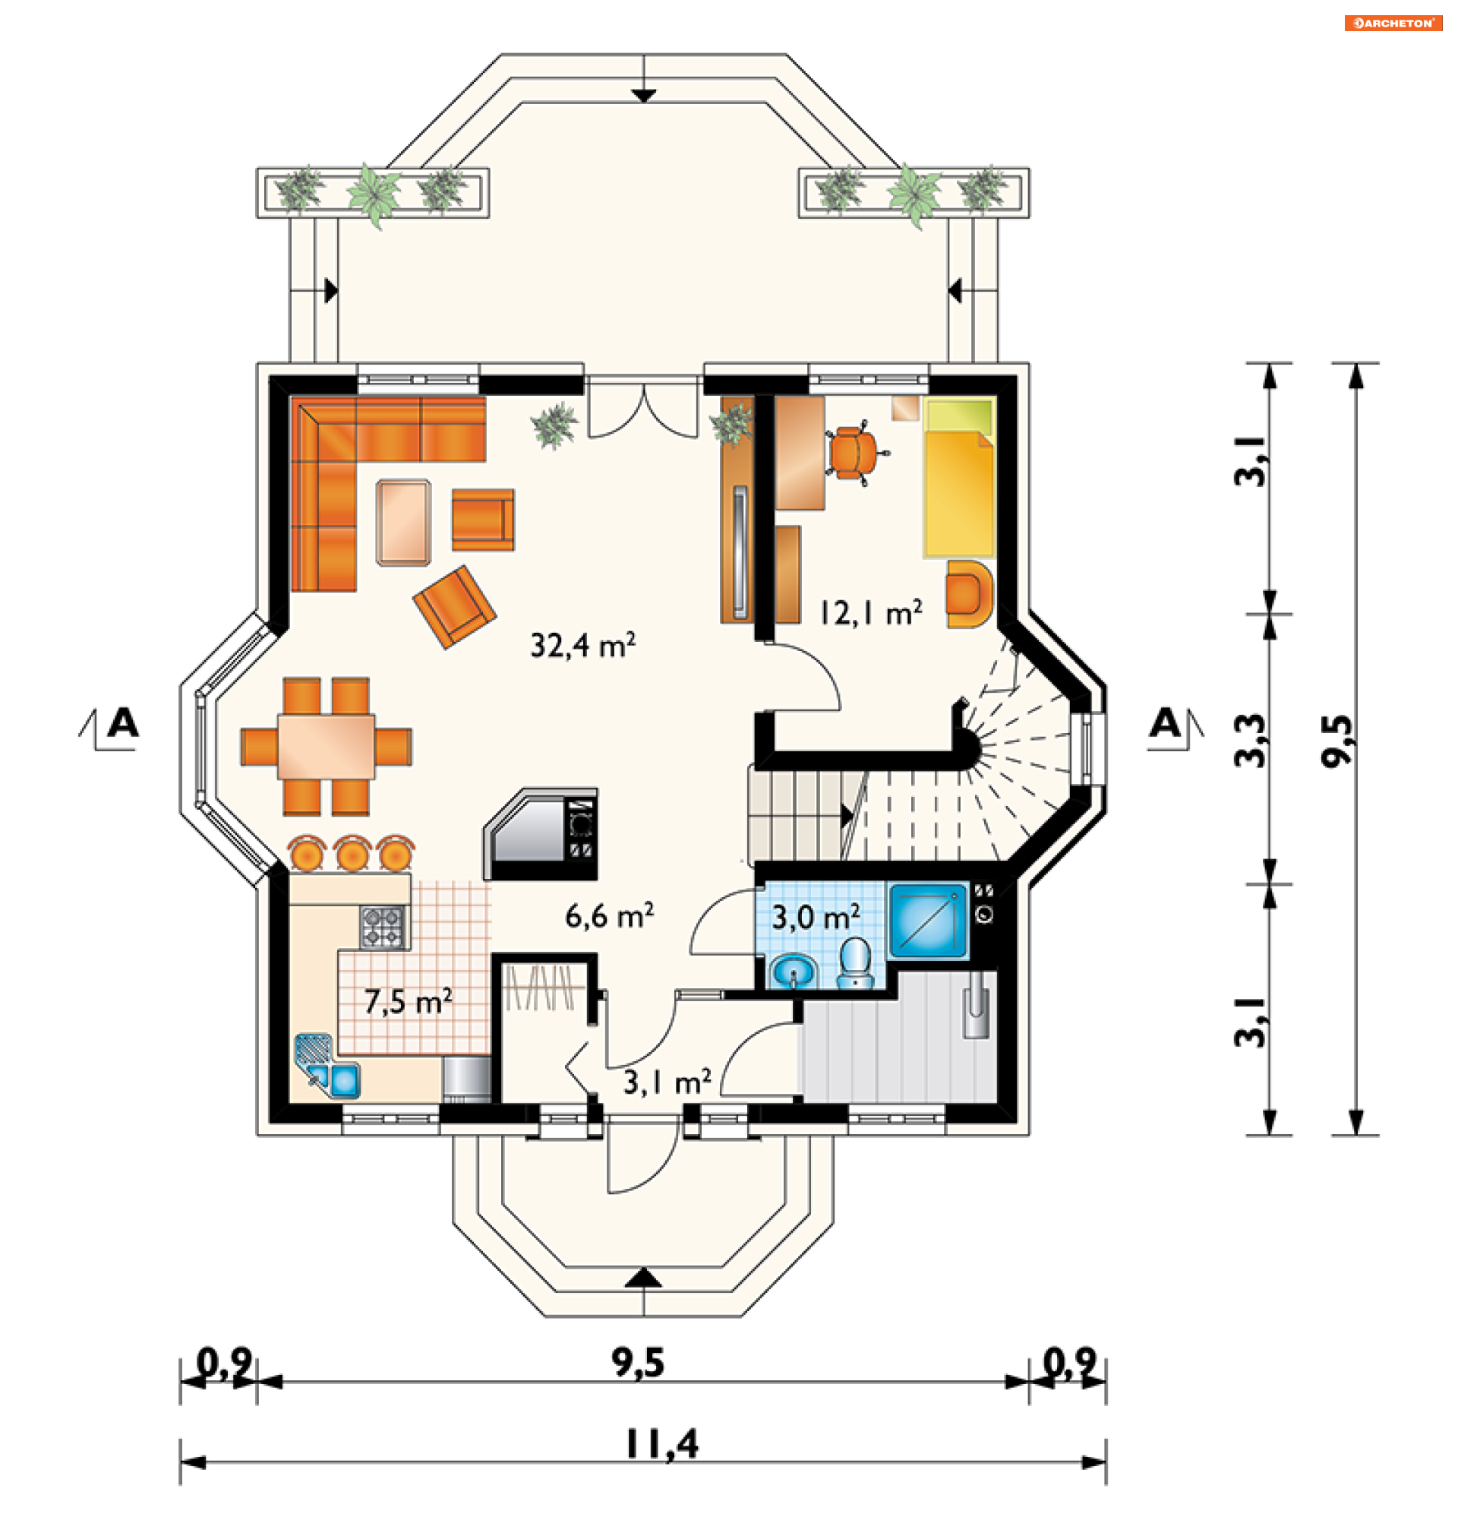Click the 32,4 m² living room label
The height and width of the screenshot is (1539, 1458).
click(x=583, y=645)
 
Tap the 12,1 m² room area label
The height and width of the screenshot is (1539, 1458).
click(x=871, y=612)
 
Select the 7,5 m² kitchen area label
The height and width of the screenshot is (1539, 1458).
click(x=409, y=1002)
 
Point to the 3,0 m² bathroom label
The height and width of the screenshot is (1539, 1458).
click(x=816, y=917)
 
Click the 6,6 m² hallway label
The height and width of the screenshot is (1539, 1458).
click(x=609, y=916)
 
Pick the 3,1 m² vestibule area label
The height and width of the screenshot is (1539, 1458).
click(x=667, y=1082)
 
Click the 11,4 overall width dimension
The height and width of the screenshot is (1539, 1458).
click(x=662, y=1445)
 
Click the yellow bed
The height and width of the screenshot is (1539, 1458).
click(x=960, y=477)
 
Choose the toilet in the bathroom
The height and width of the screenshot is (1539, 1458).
click(x=856, y=963)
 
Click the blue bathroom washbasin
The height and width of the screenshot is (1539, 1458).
click(x=794, y=972)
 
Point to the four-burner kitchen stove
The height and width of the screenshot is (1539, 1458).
click(x=384, y=928)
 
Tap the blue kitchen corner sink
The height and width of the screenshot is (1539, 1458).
click(x=328, y=1066)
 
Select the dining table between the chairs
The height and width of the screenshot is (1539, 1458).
click(x=327, y=747)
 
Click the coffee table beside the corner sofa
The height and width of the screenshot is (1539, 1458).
click(x=403, y=522)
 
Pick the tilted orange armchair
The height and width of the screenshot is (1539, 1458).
click(x=455, y=607)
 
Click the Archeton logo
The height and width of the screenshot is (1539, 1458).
click(x=1393, y=24)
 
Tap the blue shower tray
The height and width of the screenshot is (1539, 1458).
click(x=928, y=921)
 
